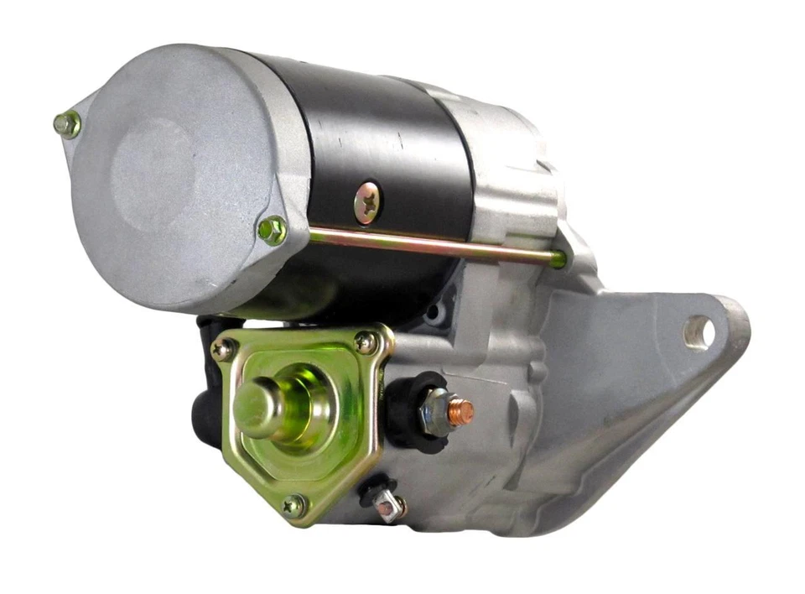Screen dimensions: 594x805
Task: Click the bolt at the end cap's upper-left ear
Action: click(67, 125)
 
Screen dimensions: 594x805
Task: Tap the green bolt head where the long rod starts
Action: click(273, 230)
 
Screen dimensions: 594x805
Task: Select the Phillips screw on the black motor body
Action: click(367, 204)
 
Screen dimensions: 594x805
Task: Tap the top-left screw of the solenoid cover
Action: click(223, 350)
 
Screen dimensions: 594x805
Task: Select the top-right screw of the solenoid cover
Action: click(366, 341)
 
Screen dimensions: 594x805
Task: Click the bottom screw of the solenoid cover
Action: click(293, 504)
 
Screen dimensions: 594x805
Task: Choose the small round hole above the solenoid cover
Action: click(434, 316)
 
